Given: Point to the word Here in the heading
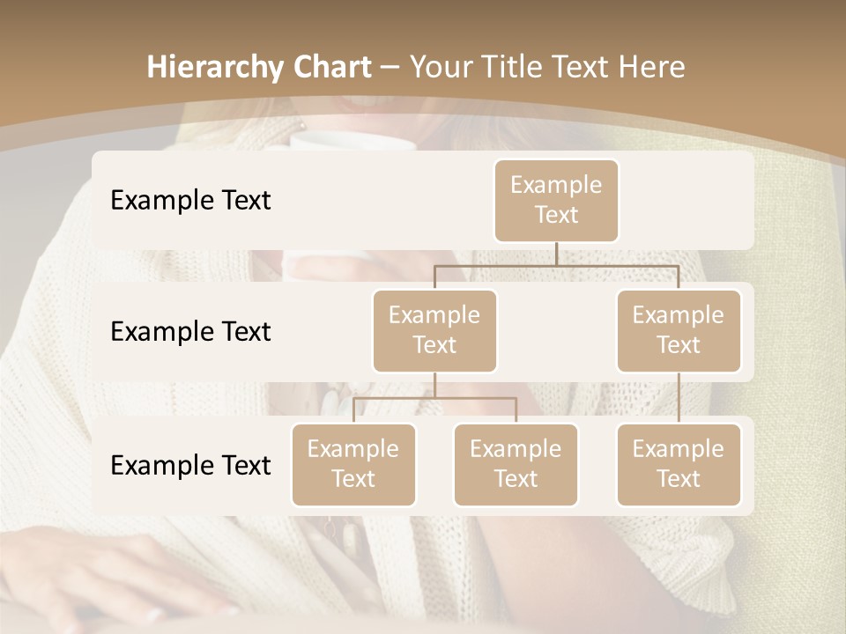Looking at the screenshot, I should (652, 68).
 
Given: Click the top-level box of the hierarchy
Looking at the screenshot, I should (556, 200).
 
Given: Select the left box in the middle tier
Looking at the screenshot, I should (434, 330).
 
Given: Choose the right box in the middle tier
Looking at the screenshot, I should (679, 330).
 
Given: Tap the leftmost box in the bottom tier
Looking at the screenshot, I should (353, 464).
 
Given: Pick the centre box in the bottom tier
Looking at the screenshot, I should (516, 464).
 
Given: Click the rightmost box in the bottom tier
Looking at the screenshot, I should (679, 464).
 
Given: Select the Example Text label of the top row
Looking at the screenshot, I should (190, 200).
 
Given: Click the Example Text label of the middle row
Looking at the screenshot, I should (190, 331).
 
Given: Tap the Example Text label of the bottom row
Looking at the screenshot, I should (190, 465).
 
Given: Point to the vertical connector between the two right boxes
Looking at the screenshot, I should (679, 398).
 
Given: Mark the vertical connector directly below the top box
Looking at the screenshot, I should (556, 254).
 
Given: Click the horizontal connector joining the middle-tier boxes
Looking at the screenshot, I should (556, 265).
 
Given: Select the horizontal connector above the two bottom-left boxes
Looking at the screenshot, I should (434, 398).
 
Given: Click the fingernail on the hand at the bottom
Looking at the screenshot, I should (155, 614).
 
